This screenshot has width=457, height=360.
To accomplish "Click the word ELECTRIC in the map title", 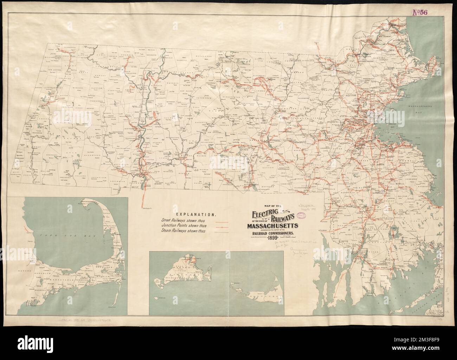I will tap(264, 214).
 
